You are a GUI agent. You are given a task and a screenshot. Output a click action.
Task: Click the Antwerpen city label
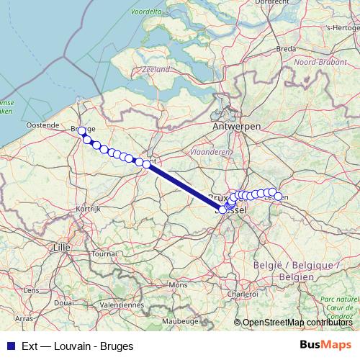(236, 125)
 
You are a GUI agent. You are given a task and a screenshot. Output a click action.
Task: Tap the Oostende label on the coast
(42, 125)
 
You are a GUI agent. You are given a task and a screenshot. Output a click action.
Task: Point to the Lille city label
(62, 246)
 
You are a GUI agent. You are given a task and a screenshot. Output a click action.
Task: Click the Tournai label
(104, 253)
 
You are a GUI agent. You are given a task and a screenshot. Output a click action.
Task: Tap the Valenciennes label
(120, 304)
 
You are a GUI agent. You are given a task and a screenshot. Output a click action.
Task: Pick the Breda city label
(287, 48)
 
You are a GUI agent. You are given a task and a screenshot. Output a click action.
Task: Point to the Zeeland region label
(156, 69)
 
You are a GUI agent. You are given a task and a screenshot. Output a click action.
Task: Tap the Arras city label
(24, 317)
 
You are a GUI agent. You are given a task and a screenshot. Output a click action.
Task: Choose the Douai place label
(63, 302)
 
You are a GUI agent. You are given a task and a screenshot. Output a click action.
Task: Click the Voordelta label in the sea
(147, 12)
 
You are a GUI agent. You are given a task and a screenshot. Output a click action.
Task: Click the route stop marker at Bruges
(81, 130)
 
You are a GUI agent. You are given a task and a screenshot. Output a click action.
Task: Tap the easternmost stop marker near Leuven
(278, 196)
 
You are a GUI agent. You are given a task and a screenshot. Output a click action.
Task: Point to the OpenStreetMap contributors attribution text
(297, 323)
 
